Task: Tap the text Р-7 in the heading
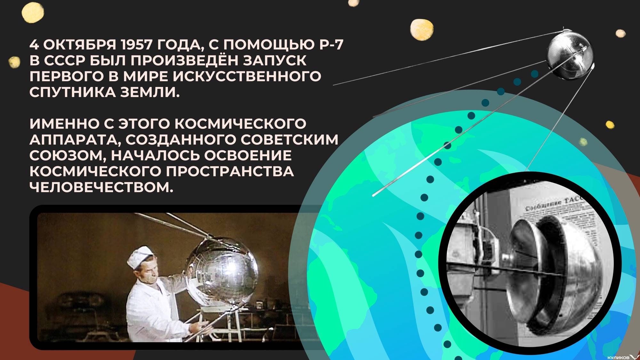tap(331, 45)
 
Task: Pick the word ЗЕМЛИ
tap(150, 92)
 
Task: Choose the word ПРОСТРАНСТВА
tap(229, 172)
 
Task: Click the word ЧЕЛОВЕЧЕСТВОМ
tap(101, 188)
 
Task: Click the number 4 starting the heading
tap(34, 45)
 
